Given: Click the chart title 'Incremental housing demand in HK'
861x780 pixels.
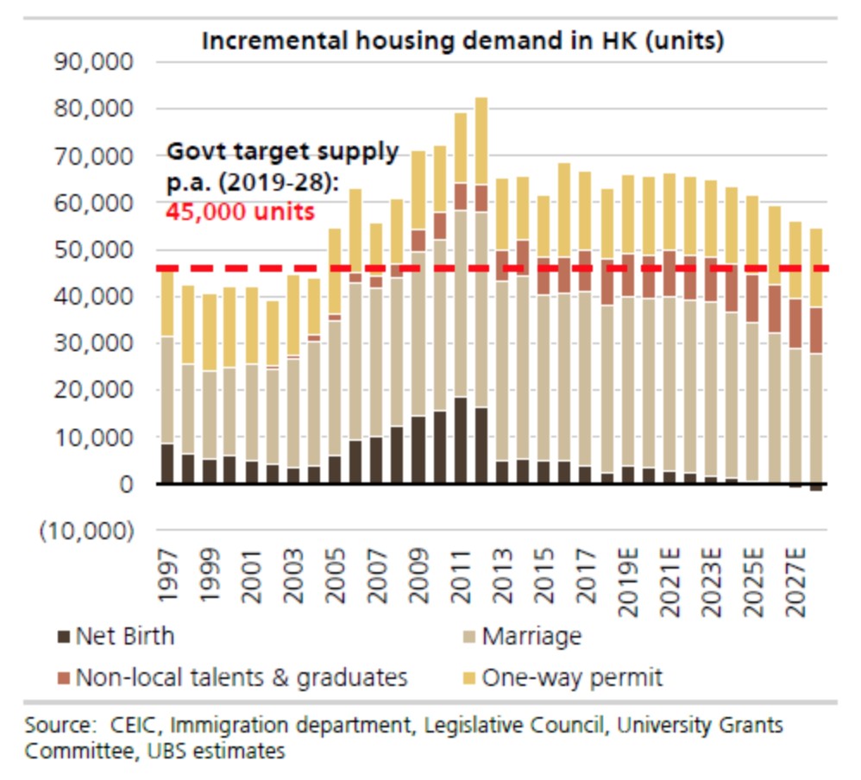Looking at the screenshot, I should (x=462, y=41).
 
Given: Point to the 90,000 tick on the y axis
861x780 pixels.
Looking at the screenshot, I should (x=96, y=63).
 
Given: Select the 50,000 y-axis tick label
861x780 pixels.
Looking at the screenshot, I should (x=96, y=250).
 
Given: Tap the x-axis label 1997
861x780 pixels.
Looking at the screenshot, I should (x=167, y=573).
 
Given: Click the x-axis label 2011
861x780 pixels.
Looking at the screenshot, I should (x=461, y=573).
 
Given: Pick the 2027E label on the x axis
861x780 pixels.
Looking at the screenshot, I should (x=797, y=580).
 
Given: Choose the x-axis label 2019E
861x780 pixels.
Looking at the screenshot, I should (x=629, y=580).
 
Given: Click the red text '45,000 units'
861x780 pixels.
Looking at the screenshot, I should (x=241, y=211).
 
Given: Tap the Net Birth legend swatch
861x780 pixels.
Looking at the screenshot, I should (x=63, y=638).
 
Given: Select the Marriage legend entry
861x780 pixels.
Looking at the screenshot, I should (x=531, y=638).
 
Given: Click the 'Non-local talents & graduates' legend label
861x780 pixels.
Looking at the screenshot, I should (x=242, y=677).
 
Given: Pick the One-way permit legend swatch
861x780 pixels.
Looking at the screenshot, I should (x=468, y=677).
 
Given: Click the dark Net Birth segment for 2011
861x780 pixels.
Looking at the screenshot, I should (x=461, y=440).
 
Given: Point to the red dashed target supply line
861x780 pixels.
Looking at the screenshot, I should (x=518, y=269).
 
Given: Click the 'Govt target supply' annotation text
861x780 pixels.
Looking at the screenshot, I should (x=283, y=153).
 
